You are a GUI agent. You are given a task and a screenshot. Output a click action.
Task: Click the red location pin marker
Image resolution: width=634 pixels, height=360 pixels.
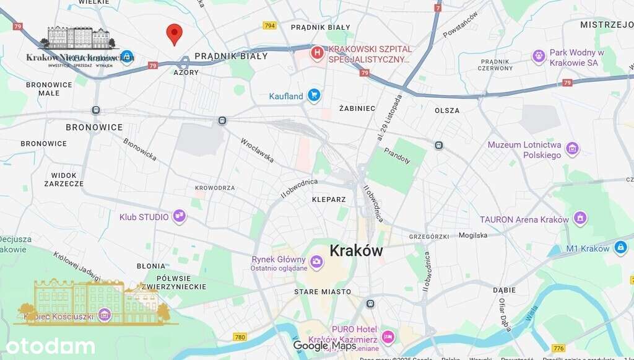tap(175, 33)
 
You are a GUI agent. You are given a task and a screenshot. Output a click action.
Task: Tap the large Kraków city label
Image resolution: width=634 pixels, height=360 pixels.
tap(356, 251)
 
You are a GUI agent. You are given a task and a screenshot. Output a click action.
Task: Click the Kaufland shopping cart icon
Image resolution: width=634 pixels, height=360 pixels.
tap(314, 95)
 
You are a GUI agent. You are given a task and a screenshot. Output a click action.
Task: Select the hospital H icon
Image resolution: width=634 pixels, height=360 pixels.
tap(318, 54)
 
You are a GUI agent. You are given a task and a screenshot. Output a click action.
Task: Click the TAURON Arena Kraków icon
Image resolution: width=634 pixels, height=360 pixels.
tap(580, 219)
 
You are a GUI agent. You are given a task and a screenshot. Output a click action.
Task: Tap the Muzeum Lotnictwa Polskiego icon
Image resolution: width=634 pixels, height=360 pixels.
tap(573, 149)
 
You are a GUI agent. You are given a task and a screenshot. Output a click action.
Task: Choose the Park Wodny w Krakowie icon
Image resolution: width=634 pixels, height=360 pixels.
tap(539, 57)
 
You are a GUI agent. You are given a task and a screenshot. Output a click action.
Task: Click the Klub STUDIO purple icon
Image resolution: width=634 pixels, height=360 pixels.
tap(180, 216)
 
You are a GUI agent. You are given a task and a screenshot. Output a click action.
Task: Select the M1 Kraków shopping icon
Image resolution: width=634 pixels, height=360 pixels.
tap(620, 248)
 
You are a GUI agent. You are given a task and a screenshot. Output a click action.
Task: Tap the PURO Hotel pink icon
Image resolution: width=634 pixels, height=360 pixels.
tap(388, 337)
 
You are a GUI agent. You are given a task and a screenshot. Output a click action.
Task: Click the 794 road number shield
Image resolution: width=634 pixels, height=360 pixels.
tap(269, 25)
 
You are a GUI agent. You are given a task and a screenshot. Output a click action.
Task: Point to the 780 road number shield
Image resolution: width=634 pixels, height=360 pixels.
tap(240, 337)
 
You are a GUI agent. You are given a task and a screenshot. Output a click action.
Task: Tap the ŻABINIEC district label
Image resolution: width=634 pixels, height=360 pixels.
tap(357, 108)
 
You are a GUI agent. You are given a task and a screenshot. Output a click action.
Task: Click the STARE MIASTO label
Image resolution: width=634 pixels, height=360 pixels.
tap(322, 292)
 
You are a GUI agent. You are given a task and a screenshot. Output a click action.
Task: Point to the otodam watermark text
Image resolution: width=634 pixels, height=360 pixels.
tap(50, 346)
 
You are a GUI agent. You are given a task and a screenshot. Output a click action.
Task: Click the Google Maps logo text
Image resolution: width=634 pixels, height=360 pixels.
tap(324, 346)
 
